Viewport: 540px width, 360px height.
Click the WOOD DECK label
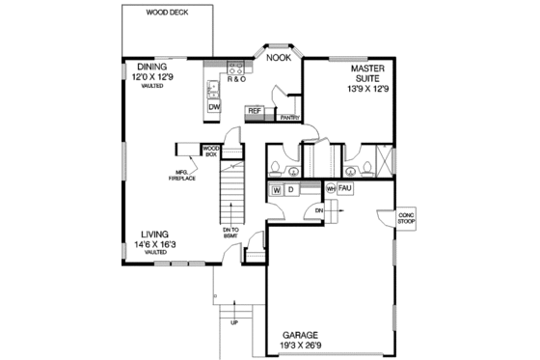pos(166,14)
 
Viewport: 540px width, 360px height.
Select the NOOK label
pos(278,58)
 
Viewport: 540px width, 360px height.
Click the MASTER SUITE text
pos(368,75)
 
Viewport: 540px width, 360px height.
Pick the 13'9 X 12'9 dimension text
pos(368,88)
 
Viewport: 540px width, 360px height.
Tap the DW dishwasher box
pos(214,108)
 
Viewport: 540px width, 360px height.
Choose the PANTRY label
pos(288,118)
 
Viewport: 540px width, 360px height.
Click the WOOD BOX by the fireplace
pos(211,149)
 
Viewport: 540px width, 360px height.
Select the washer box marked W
pos(276,190)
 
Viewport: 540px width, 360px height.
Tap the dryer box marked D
pos(290,190)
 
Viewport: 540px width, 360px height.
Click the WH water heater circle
pos(331,188)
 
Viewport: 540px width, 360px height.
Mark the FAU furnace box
pos(345,188)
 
